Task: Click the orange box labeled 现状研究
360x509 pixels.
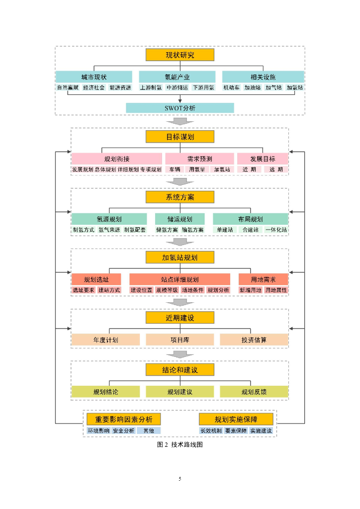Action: tap(180, 55)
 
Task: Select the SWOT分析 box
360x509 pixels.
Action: tap(180, 108)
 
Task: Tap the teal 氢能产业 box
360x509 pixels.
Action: tap(177, 77)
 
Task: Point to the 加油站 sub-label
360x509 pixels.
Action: tap(253, 87)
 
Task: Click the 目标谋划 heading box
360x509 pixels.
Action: tap(180, 137)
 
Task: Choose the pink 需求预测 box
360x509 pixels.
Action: tap(199, 159)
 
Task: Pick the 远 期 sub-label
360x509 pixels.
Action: tap(276, 170)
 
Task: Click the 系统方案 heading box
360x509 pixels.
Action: tap(180, 197)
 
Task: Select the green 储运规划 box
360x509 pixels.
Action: tap(180, 219)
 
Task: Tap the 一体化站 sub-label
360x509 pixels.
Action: tap(276, 230)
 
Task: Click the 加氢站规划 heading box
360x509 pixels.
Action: tap(180, 257)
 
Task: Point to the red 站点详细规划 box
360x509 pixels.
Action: tap(180, 279)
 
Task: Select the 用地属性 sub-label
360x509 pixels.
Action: tap(276, 290)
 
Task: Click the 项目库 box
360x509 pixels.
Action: tap(180, 340)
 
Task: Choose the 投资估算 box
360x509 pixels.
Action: tap(254, 340)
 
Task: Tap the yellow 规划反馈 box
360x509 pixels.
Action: tap(254, 392)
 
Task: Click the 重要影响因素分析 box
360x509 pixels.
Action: tap(124, 419)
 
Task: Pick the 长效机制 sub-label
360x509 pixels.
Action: tap(211, 430)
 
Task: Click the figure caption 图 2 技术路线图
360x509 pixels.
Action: tap(180, 445)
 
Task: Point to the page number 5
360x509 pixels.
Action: tap(180, 479)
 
